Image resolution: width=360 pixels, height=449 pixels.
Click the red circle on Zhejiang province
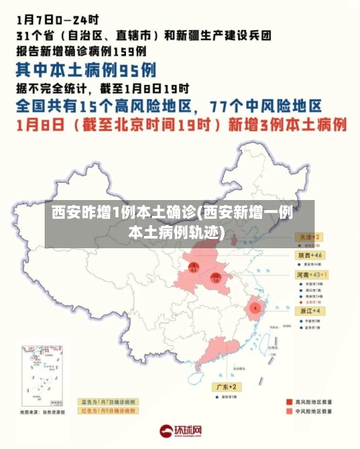pos(254,307)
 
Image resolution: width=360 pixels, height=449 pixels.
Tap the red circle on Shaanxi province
pos(193,268)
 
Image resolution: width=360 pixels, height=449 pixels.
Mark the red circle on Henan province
pos(215,277)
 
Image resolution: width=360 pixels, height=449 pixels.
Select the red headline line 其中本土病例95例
pos(86,70)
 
